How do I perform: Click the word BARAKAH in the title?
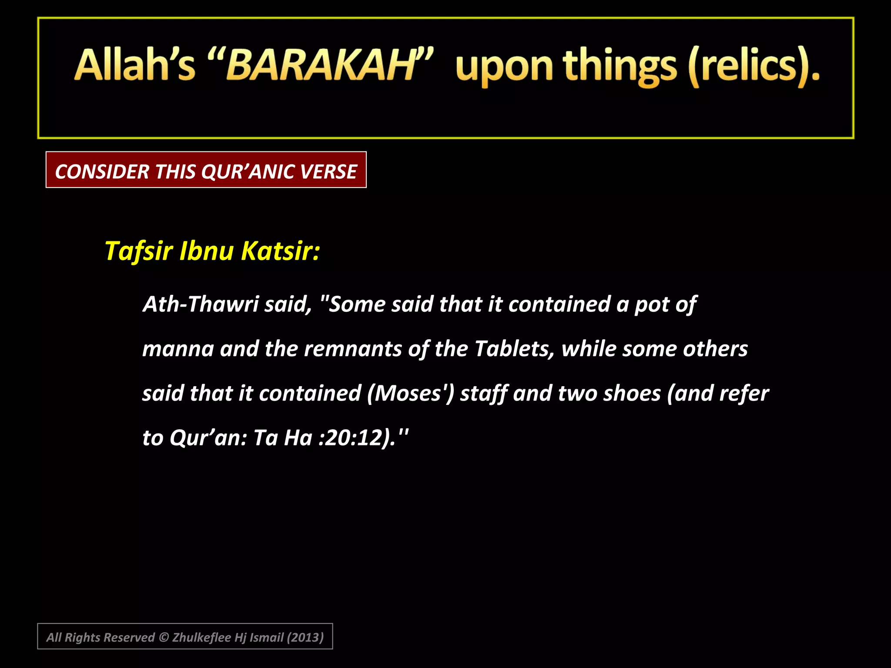(x=321, y=65)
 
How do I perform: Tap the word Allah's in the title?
(x=135, y=65)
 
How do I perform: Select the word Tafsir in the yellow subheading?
(x=139, y=251)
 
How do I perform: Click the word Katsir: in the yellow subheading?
(x=281, y=251)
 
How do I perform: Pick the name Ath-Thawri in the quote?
(x=201, y=304)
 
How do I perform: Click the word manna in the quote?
(x=178, y=349)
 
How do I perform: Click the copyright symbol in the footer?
(x=164, y=637)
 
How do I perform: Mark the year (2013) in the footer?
(x=305, y=637)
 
